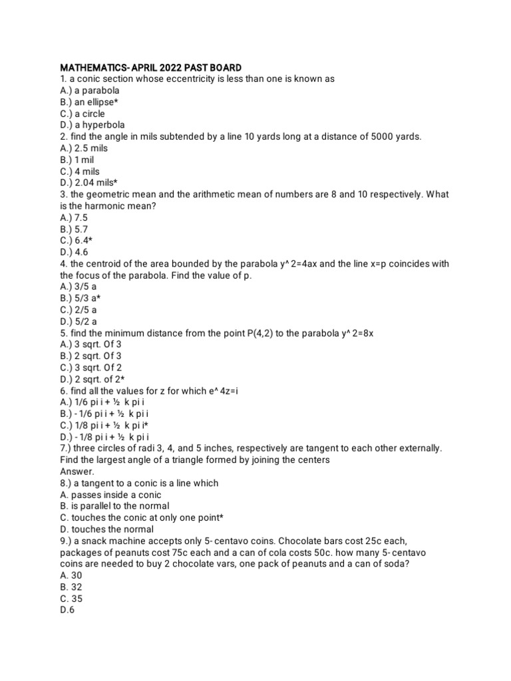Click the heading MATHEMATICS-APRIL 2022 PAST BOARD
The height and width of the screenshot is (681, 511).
point(150,67)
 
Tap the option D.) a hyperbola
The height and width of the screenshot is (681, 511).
point(92,124)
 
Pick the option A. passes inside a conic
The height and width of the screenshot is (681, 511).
point(110,495)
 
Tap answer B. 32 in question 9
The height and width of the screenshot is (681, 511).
point(71,587)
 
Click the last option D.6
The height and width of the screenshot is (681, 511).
point(69,610)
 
